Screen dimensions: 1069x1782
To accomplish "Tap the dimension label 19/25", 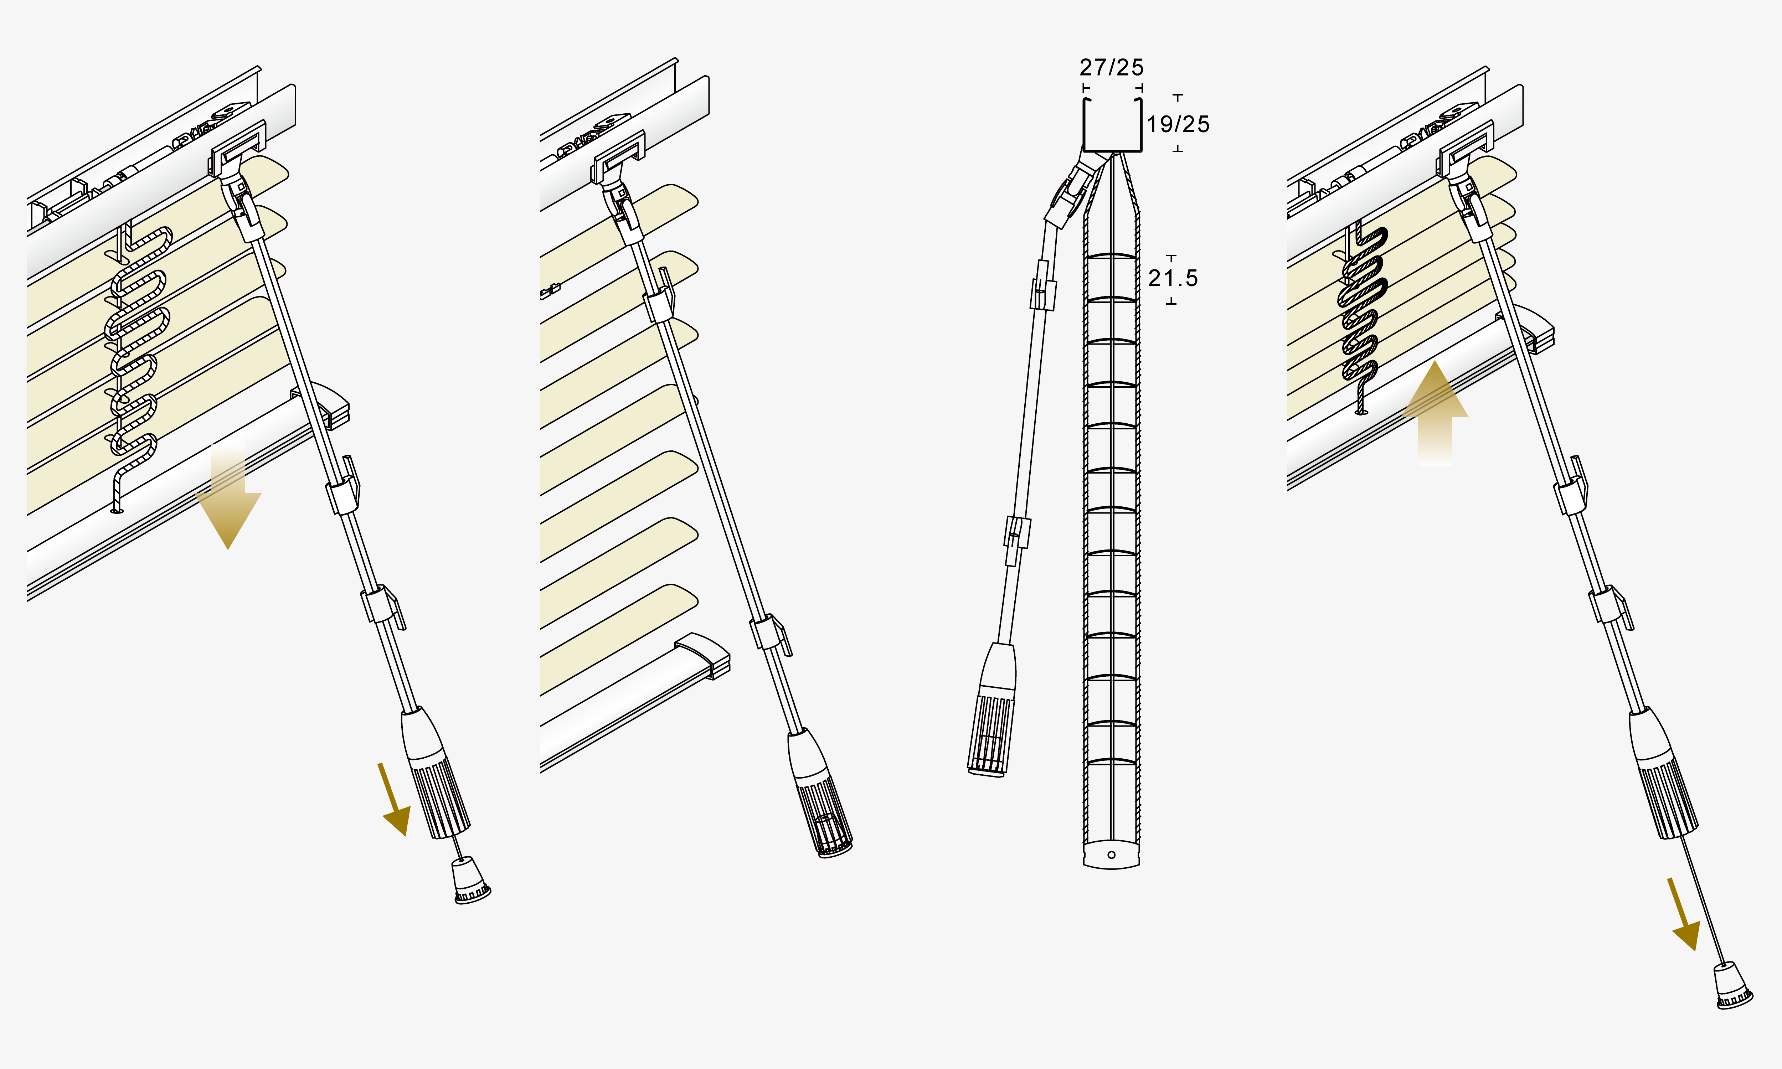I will pos(1178,124).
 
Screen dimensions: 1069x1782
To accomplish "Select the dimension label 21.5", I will pos(1173,278).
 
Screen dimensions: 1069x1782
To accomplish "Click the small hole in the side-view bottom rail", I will pos(1111,855).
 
